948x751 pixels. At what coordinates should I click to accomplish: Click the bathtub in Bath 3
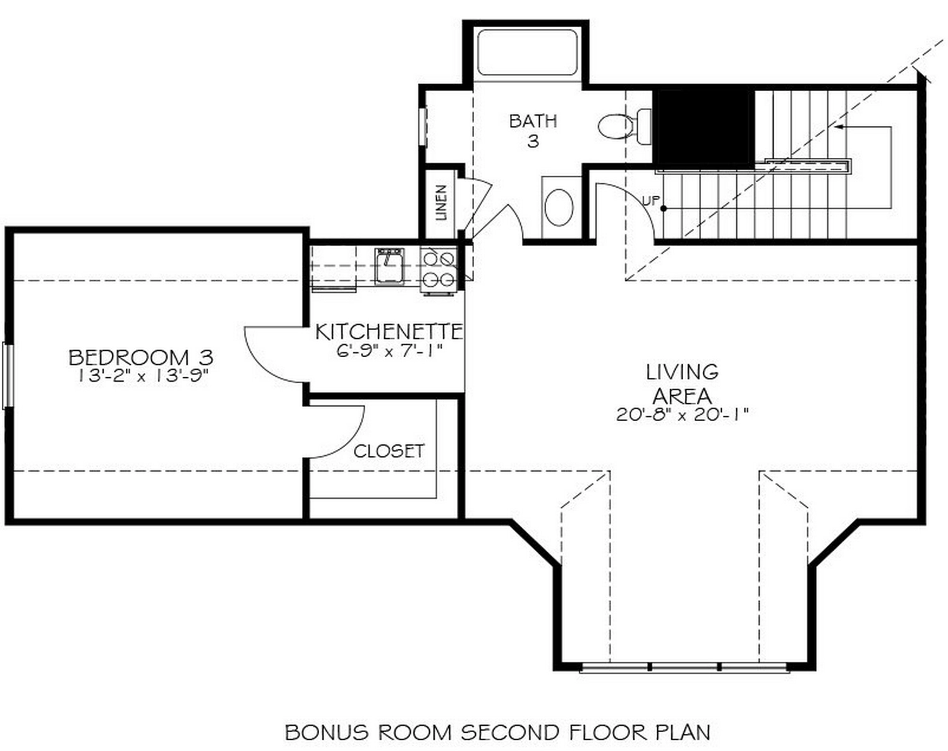tap(527, 52)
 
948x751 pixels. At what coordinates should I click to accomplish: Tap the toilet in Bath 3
tap(623, 126)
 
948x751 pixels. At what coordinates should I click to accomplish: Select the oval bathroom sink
tap(559, 207)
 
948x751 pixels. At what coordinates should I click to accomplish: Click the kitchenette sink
tap(389, 266)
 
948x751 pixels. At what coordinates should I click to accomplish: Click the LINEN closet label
tap(441, 202)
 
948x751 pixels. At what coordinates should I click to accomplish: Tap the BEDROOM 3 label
tap(141, 357)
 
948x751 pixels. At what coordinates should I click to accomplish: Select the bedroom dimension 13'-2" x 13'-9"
tap(143, 375)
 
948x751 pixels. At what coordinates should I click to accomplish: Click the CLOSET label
tap(389, 451)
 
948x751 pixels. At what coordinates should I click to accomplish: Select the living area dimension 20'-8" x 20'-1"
tap(682, 415)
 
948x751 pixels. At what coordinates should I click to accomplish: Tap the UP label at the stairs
tap(650, 201)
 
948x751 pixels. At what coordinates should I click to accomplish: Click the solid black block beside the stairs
tap(703, 128)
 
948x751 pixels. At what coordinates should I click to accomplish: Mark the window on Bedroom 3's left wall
tap(8, 375)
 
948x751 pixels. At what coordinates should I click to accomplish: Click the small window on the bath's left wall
tap(423, 127)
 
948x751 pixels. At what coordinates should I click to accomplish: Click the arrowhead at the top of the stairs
tap(837, 127)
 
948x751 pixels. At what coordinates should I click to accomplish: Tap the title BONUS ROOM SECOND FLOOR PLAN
tap(497, 732)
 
